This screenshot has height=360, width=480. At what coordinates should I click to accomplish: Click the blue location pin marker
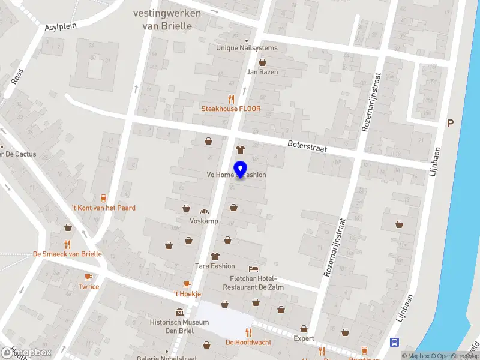pyautogui.click(x=240, y=170)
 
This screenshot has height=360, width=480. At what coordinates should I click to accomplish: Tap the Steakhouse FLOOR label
pyautogui.click(x=231, y=109)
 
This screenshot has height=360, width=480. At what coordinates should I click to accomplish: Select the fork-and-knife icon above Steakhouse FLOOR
pyautogui.click(x=231, y=99)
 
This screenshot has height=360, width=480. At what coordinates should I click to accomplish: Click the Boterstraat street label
pyautogui.click(x=307, y=146)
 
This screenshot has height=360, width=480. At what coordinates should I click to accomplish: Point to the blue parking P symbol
pyautogui.click(x=450, y=123)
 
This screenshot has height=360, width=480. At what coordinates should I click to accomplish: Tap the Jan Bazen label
pyautogui.click(x=262, y=72)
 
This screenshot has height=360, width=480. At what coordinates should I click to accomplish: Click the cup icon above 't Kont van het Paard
pyautogui.click(x=104, y=197)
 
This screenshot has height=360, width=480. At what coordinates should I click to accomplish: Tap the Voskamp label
pyautogui.click(x=203, y=221)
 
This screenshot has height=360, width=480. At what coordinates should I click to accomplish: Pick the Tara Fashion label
pyautogui.click(x=215, y=266)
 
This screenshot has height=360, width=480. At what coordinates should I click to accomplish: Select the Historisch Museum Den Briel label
pyautogui.click(x=179, y=326)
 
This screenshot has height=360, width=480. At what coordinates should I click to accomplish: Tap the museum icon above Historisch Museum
pyautogui.click(x=179, y=313)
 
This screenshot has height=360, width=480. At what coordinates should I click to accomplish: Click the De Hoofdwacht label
pyautogui.click(x=248, y=343)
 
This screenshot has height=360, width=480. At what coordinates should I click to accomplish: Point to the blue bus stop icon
pyautogui.click(x=395, y=343)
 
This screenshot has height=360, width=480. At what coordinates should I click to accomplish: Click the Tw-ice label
pyautogui.click(x=89, y=287)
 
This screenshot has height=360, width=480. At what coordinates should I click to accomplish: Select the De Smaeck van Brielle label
pyautogui.click(x=67, y=254)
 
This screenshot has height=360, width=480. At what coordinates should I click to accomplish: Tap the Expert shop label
pyautogui.click(x=304, y=338)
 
